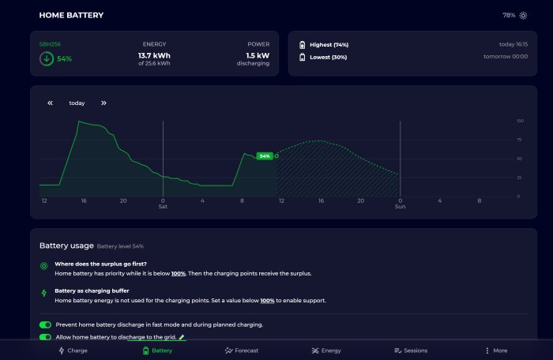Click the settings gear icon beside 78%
coord(523,16)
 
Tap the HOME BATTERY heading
coord(71,15)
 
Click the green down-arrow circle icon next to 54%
coord(47,59)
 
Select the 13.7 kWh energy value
coord(154,56)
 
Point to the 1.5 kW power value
coord(258,56)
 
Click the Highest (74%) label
coord(329,45)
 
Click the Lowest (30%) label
coord(329,57)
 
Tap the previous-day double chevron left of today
coord(50,103)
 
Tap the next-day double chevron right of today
coord(103,103)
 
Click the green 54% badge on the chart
coord(265,156)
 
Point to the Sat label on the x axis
coord(163,207)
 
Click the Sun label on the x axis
coord(401,207)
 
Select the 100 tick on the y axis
coord(520,121)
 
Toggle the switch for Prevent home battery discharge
coord(46,324)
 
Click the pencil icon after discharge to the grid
coord(182,337)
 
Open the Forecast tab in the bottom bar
coord(242,351)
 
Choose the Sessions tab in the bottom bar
coord(411,351)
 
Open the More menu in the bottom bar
coord(496,351)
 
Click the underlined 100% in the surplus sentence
coord(179,274)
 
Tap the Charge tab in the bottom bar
coord(73,351)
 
